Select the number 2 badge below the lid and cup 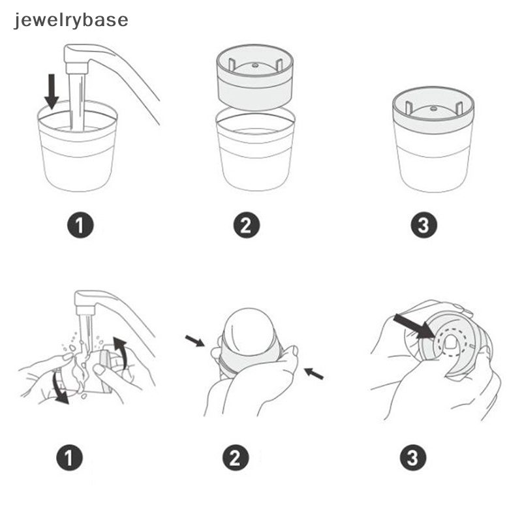coord(246,226)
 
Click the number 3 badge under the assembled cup coord(423,226)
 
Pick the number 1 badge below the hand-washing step coord(70,459)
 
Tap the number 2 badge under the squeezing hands coord(236,459)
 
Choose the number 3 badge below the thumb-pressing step coord(412,459)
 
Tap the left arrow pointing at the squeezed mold coord(194,341)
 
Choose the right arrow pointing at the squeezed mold coord(314,374)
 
